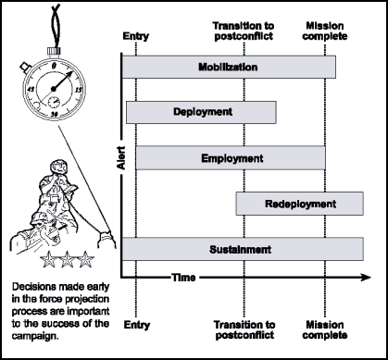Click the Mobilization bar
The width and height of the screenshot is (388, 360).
(228, 68)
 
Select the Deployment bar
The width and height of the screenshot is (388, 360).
(201, 112)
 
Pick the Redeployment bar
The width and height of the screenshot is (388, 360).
(299, 204)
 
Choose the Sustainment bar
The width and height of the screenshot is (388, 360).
(240, 248)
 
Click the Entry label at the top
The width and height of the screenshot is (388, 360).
(135, 37)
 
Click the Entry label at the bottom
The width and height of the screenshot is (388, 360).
(135, 326)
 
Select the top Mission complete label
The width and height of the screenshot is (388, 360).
(325, 31)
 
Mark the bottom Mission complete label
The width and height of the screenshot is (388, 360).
(325, 330)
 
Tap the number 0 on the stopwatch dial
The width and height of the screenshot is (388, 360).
(55, 66)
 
